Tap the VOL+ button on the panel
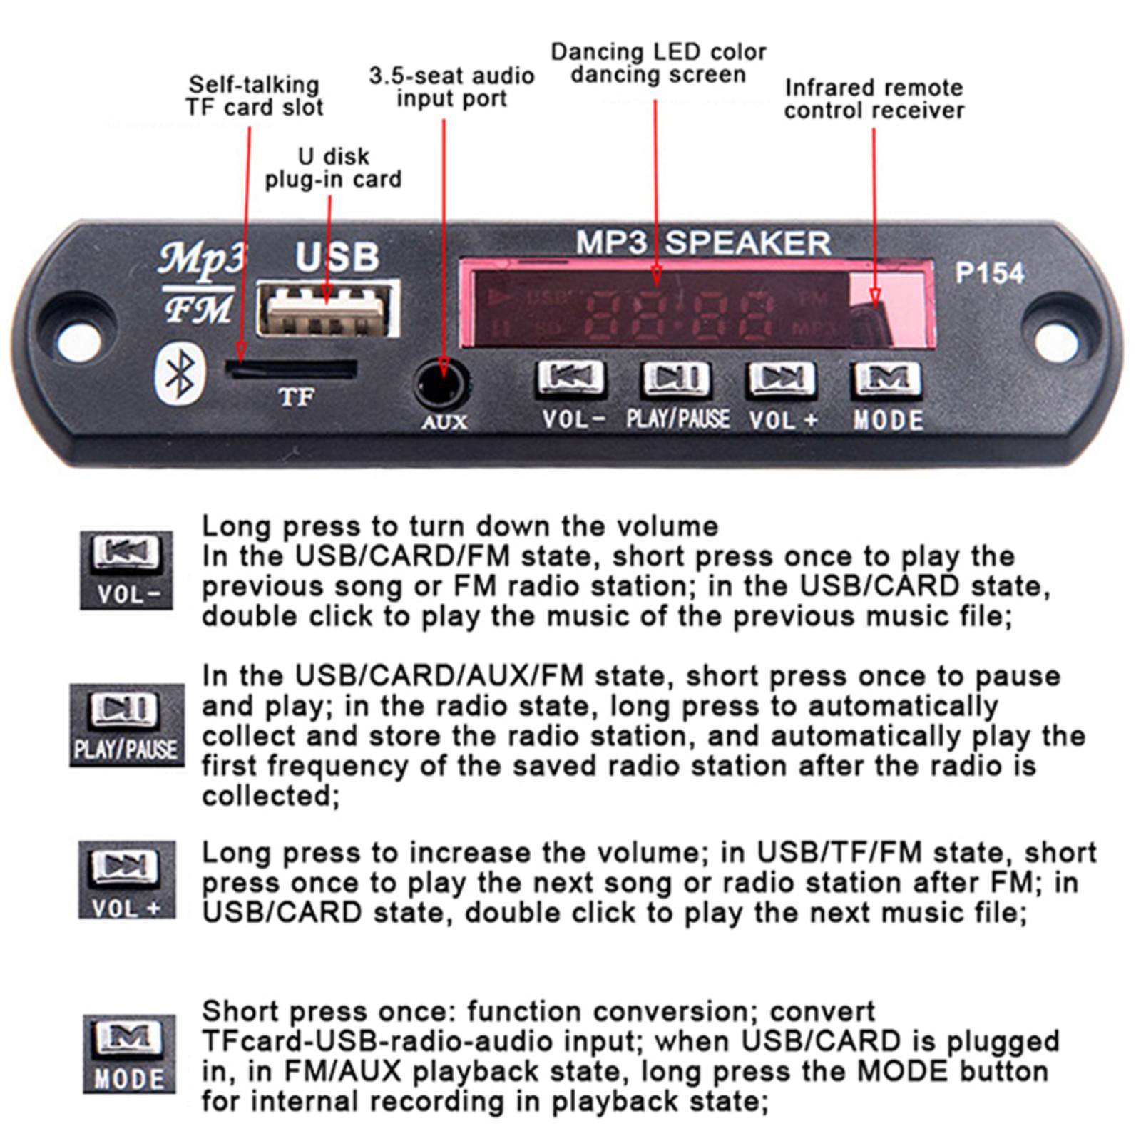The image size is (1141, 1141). coord(782,379)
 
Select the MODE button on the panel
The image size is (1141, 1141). coord(887,379)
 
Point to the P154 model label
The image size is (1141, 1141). coord(989,273)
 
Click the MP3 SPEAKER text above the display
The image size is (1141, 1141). coord(703,243)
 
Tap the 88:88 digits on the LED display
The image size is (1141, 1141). coord(677,314)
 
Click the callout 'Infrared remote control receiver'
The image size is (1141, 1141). coord(874,99)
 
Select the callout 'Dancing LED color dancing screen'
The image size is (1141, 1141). coord(658,63)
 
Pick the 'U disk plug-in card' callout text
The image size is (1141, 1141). coord(333,168)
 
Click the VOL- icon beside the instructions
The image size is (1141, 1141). coord(126,570)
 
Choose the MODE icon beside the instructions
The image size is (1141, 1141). coord(129,1053)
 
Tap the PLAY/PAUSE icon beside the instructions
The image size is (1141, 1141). coord(126,725)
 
